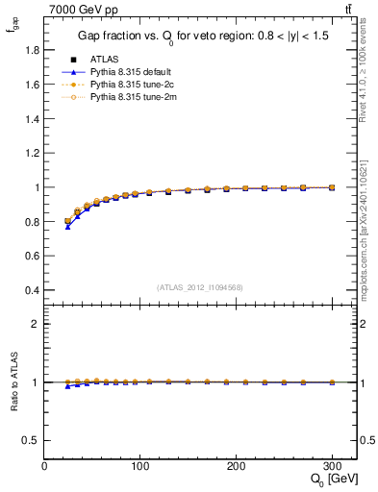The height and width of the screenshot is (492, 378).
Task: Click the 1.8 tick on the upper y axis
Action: tap(35, 51)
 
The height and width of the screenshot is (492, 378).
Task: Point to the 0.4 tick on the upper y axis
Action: tap(35, 290)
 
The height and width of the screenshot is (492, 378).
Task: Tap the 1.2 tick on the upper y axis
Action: tap(35, 154)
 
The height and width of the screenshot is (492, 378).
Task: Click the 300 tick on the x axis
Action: tap(333, 465)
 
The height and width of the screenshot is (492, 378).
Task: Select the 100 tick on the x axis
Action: tap(140, 465)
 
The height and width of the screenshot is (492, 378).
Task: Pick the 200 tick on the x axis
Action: tap(237, 465)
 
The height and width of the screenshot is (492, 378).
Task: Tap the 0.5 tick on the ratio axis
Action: tap(35, 440)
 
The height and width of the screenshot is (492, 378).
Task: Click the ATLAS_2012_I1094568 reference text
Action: tap(200, 286)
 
